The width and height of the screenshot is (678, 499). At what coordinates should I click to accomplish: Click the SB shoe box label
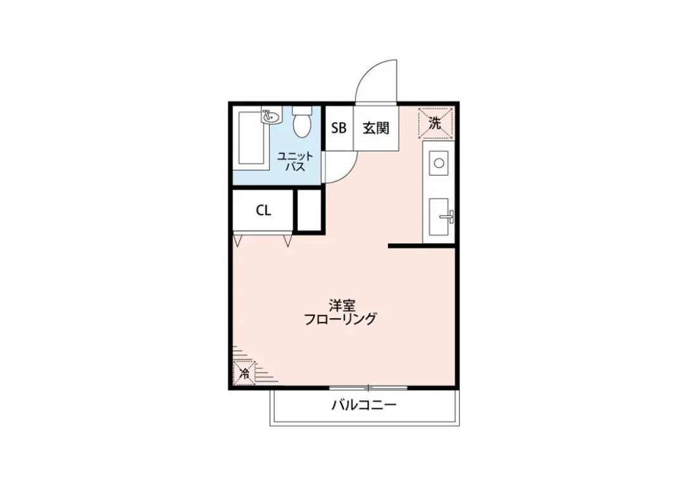pos(338,128)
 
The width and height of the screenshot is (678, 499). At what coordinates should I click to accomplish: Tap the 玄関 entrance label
pos(376,128)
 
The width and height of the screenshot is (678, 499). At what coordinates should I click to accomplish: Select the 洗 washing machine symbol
pos(435,123)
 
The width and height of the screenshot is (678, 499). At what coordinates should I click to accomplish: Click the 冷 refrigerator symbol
pos(244,373)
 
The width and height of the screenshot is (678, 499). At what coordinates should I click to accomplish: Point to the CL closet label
pos(263,211)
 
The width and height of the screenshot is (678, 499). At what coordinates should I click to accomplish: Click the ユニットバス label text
pos(295,161)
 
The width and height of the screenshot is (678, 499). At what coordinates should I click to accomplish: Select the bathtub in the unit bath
pos(251,138)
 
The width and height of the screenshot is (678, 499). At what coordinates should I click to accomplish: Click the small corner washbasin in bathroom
pos(271,116)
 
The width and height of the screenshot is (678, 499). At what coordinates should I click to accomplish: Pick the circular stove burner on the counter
pos(439,163)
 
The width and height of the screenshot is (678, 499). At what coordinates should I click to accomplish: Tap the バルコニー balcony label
pos(364,405)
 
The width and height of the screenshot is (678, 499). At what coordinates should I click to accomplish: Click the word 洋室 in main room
pos(342,306)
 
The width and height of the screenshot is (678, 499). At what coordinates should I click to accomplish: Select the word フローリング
pos(340,320)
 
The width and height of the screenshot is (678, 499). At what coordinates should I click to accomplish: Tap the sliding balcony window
pos(368,387)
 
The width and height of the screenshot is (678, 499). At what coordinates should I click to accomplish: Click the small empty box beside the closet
pos(309,211)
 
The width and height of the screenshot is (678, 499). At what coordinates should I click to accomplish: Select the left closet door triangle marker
pos(237,241)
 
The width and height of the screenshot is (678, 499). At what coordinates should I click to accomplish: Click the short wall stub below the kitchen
pos(422,246)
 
